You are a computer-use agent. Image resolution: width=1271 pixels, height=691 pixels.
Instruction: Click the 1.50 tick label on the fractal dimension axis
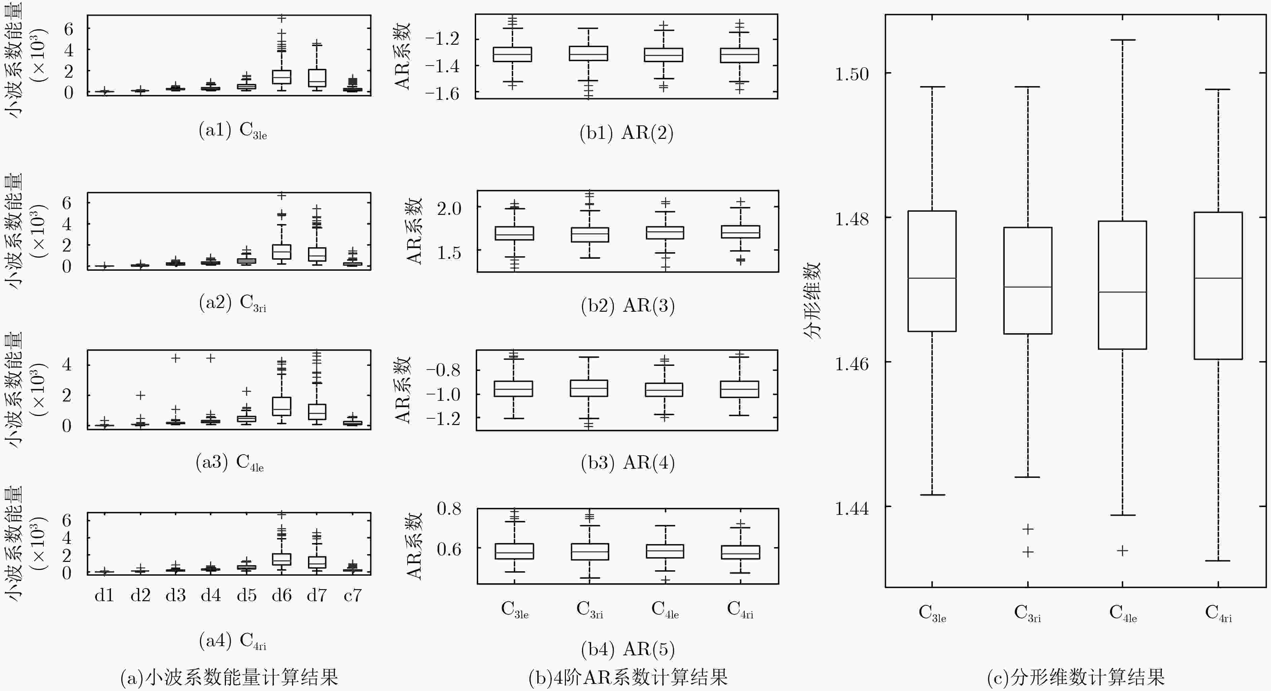point(851,74)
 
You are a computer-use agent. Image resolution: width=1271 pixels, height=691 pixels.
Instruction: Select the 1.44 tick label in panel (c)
point(851,508)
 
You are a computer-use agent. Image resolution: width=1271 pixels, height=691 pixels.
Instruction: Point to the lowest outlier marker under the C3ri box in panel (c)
point(1028,552)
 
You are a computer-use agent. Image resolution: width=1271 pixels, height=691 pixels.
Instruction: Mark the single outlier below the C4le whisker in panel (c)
point(1122,550)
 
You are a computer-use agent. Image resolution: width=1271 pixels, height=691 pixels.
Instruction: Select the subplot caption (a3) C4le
point(230,462)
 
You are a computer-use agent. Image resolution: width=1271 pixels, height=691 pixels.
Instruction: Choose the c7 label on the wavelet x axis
point(352,595)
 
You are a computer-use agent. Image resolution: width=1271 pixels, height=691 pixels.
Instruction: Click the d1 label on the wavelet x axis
point(104,595)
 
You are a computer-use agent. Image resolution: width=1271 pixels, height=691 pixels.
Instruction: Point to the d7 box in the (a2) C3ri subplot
point(317,254)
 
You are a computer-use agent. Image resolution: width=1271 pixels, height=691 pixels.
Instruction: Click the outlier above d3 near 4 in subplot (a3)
point(175,358)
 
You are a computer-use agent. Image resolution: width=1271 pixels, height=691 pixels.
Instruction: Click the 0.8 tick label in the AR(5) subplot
point(449,508)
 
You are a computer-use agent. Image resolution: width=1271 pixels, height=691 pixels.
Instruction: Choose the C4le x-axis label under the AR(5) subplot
point(665,609)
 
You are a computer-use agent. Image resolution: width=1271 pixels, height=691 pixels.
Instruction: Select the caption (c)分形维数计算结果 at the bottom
point(1076,677)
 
